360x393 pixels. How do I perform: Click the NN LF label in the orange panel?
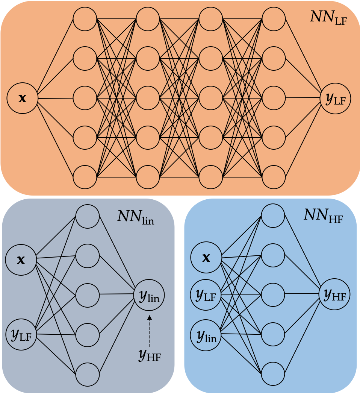point(328,17)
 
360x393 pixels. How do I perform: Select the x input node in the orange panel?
point(22,98)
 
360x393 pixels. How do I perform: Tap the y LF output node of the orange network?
point(336,99)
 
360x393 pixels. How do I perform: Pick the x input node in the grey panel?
point(21,259)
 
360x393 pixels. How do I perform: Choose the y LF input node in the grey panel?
point(21,334)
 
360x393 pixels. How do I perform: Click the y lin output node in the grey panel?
point(149,294)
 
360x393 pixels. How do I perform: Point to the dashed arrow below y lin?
point(149,331)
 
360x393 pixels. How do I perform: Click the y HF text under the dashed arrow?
point(149,355)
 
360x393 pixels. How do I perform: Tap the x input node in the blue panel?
point(206,258)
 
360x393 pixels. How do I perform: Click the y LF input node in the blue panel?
point(206,295)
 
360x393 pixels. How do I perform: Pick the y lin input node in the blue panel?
point(206,334)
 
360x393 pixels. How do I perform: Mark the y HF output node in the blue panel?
point(335,294)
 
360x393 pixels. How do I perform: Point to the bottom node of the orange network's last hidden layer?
point(274,177)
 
